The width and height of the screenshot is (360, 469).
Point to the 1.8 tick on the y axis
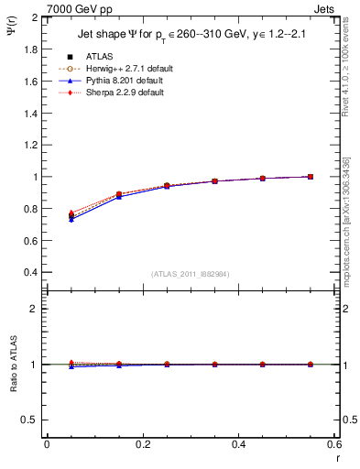coord(31,49)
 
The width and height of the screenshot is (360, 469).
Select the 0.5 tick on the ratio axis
coord(31,420)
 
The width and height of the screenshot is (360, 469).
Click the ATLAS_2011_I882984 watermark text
coord(190,273)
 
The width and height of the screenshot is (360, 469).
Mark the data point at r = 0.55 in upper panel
coord(310,177)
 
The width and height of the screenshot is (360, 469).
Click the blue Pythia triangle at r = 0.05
coord(71,220)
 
